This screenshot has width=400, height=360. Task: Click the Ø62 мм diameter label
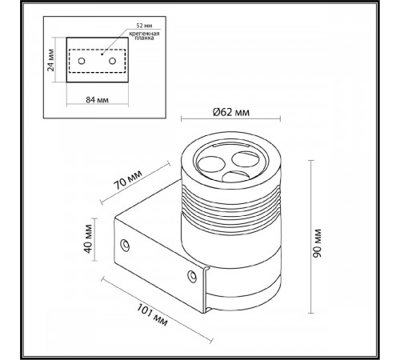click(231, 112)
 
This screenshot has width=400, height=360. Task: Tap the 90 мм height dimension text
click(317, 243)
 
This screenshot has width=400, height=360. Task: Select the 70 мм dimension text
click(128, 179)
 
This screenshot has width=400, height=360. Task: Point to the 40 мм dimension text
click(88, 239)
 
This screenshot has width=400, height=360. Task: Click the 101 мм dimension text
click(152, 315)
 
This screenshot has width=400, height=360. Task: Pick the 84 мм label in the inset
click(97, 100)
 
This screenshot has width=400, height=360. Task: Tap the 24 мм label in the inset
click(50, 60)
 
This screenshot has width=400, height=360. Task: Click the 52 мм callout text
click(144, 26)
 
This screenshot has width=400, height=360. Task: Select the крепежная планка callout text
click(144, 36)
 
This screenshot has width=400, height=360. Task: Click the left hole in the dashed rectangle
click(82, 61)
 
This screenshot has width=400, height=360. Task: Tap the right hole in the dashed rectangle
click(112, 61)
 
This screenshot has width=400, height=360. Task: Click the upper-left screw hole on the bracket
click(125, 245)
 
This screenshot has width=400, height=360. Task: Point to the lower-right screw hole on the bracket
click(192, 276)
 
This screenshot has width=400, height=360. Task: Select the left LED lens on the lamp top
click(210, 164)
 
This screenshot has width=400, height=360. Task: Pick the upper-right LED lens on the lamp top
click(245, 159)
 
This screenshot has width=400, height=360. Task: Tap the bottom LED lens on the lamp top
click(235, 176)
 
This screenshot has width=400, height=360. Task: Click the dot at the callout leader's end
click(102, 54)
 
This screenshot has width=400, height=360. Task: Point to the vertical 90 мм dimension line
click(310, 237)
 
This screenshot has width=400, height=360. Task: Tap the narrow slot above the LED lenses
click(231, 146)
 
